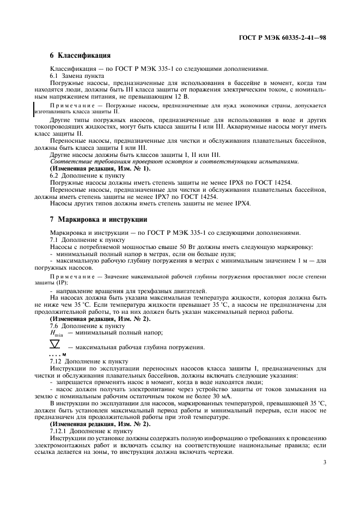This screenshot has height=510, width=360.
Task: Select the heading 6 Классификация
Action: point(80,55)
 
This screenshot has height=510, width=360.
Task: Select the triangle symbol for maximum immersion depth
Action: point(54,344)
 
